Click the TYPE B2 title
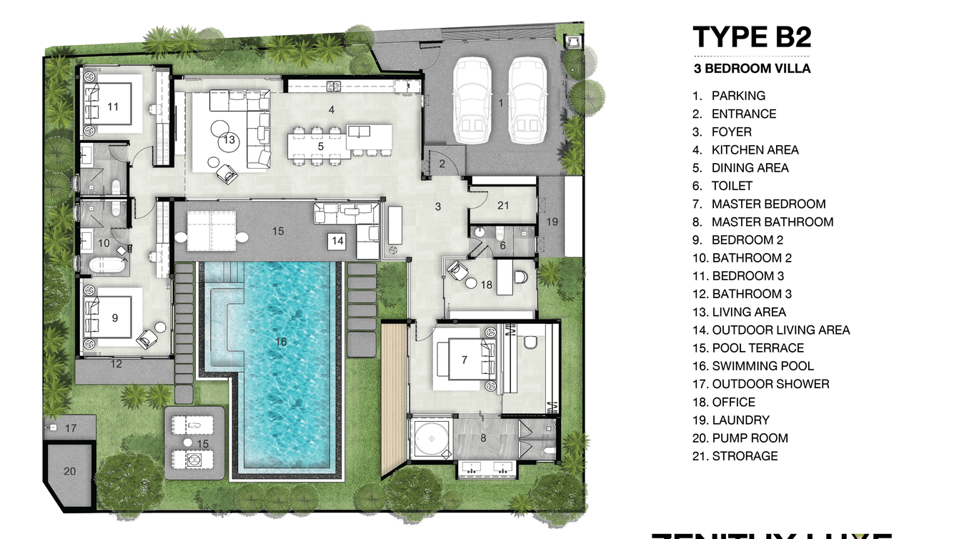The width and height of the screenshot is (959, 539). point(752,36)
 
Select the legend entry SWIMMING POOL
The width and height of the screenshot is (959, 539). point(762,366)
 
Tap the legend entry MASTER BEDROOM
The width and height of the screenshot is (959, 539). point(768,204)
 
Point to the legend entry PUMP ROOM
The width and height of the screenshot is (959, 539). point(750,438)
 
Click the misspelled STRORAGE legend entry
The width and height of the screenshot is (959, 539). point(745,456)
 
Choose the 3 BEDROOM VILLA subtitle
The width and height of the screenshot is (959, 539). point(752,69)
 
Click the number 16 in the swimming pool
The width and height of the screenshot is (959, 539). point(281,342)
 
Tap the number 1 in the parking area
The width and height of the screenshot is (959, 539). point(500,103)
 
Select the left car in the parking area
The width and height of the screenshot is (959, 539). point(472,100)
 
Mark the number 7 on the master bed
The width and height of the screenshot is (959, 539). point(464,360)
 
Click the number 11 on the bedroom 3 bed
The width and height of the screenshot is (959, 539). point(113,107)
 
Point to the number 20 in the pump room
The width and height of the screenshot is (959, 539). point(69,471)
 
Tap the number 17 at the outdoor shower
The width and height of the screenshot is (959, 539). point(71,429)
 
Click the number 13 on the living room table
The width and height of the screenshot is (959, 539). point(229,139)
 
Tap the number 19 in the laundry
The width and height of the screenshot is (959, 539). point(552,222)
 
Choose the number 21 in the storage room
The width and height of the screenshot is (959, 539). point(503,206)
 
